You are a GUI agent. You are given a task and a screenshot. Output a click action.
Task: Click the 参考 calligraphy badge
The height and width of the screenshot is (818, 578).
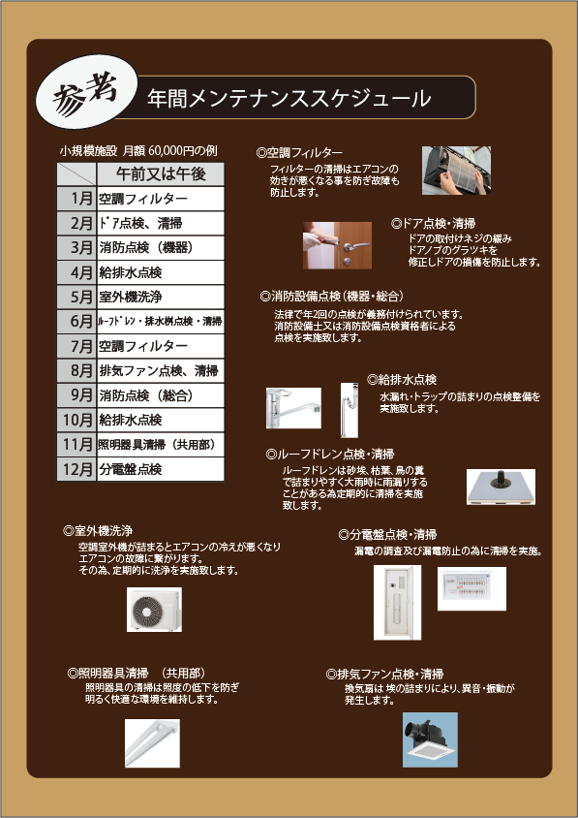point(86,98)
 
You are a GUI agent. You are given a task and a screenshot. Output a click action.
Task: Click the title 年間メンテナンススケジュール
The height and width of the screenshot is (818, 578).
point(289,98)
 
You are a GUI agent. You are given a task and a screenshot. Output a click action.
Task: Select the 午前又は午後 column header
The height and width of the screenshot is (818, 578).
point(161,174)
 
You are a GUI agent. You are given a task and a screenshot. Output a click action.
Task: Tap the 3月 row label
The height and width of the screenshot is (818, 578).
point(76,248)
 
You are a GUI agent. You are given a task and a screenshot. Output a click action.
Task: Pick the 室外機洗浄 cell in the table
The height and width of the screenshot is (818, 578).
point(161,297)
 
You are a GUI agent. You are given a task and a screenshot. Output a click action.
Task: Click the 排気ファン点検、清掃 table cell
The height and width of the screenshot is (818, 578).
point(161,371)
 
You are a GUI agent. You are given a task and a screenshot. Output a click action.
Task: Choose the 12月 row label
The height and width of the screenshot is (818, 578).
point(76,469)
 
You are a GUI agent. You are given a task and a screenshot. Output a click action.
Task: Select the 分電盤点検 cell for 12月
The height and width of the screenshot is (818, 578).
point(161,469)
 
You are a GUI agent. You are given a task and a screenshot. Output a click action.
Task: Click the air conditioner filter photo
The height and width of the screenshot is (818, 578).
point(456,171)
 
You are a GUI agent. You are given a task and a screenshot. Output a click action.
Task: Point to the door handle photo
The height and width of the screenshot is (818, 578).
point(337,245)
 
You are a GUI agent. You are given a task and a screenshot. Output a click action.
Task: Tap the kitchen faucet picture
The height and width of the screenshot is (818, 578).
point(293,408)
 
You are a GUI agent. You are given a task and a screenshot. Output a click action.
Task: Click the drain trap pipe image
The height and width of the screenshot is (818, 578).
point(350,410)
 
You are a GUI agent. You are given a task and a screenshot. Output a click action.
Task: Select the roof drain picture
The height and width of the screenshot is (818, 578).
point(501,487)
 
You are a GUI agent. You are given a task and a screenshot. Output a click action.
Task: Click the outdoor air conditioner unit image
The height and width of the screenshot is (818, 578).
point(154,610)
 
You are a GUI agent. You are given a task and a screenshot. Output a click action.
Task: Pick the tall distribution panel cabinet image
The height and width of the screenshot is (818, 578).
point(397,603)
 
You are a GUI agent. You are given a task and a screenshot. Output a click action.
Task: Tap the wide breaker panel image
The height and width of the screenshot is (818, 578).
point(472,588)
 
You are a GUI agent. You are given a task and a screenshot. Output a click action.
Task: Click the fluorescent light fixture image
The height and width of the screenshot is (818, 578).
point(152,743)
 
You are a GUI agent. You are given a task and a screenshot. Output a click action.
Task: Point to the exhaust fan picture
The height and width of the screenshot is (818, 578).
point(430,739)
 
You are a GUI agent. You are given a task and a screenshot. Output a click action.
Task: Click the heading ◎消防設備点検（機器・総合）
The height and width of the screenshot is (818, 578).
point(332,297)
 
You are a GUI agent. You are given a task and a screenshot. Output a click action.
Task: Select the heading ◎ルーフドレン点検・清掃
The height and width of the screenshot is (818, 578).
point(330,454)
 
